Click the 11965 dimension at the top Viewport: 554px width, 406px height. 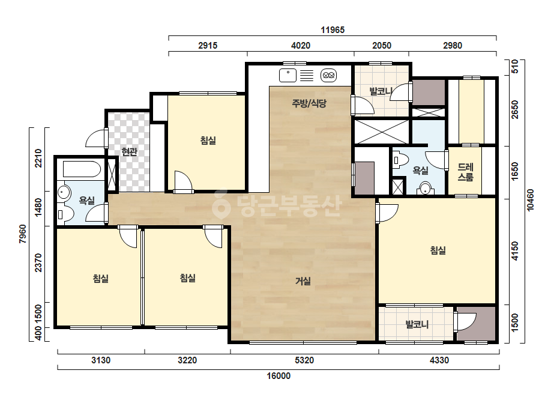(333, 29)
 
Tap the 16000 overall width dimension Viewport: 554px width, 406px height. (279, 375)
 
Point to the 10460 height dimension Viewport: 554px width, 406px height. (530, 200)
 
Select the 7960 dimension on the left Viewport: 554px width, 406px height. (23, 234)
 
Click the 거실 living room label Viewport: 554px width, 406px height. (303, 281)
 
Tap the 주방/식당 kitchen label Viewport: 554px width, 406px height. (309, 103)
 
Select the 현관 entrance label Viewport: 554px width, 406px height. (129, 152)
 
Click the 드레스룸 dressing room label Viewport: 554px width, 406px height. (465, 172)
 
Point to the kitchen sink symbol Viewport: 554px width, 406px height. (288, 75)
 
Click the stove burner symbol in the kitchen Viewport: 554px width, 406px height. (328, 75)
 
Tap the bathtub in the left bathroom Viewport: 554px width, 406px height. (82, 169)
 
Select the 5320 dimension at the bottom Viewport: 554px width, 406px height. (304, 360)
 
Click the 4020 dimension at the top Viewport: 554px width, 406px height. (301, 45)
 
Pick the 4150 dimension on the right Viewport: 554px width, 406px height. (515, 251)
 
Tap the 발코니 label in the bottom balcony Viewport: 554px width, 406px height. (417, 324)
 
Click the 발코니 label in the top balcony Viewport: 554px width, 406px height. (381, 92)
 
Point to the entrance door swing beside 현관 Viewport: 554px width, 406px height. (96, 138)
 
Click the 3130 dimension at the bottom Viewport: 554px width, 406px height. (101, 360)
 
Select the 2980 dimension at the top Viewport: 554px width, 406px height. (453, 45)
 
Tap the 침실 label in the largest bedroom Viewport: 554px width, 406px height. (438, 250)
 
